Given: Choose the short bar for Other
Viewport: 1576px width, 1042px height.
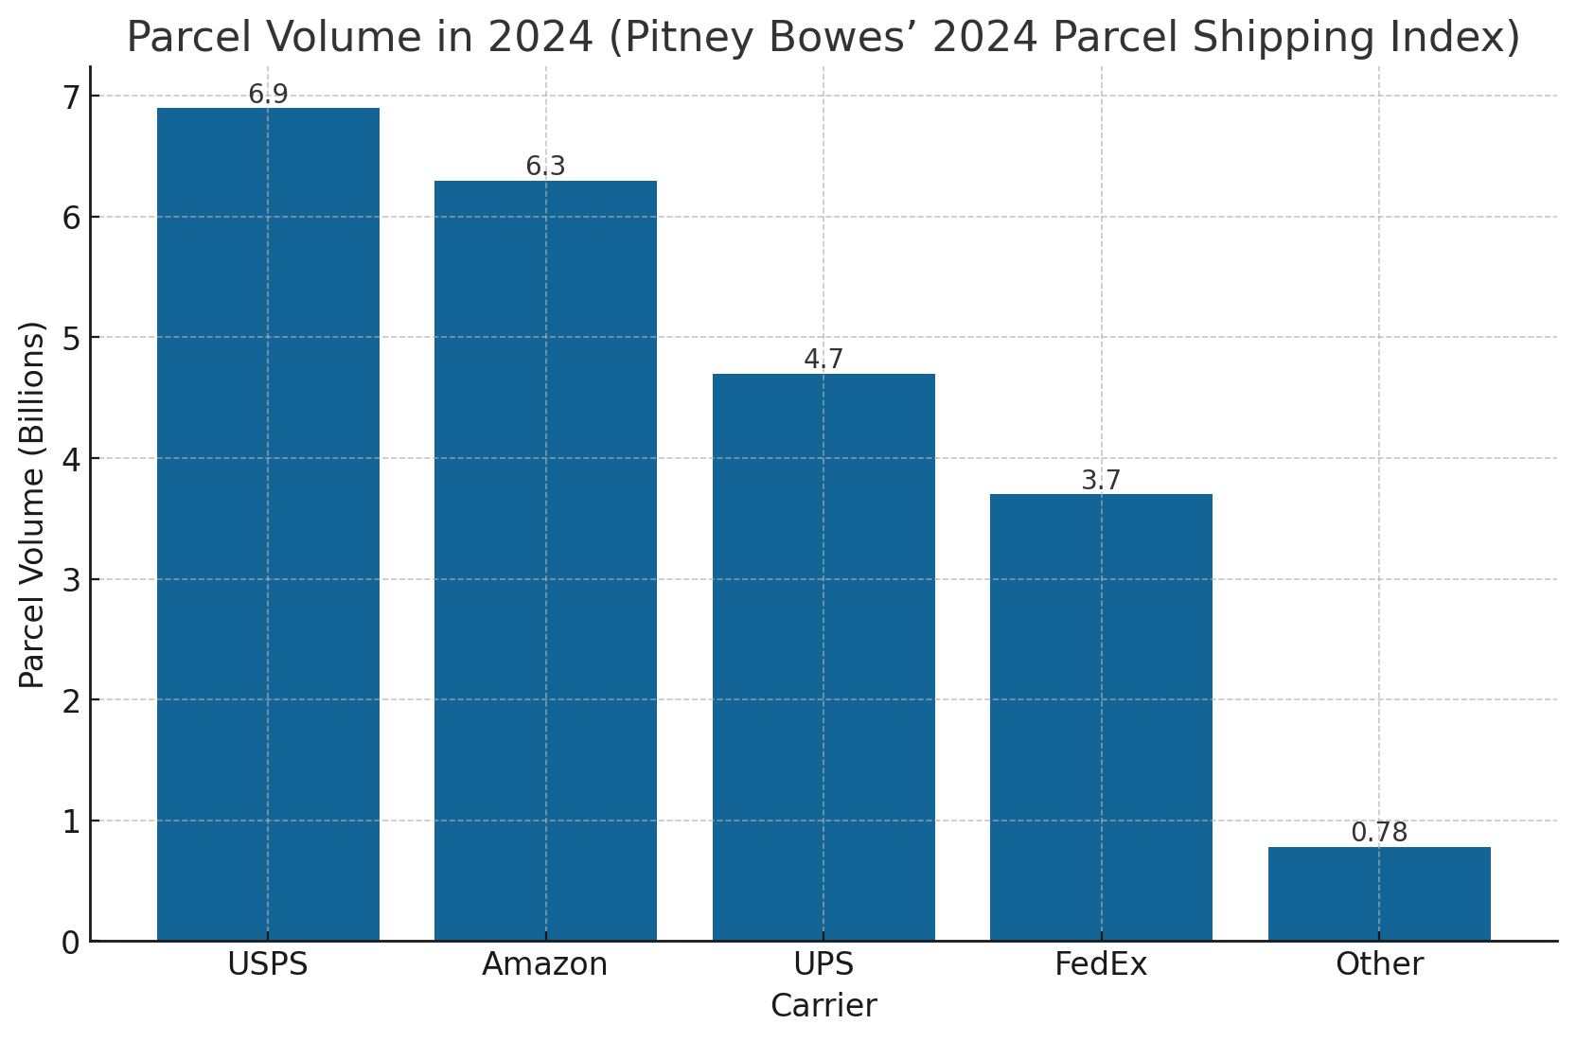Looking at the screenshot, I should tap(1379, 893).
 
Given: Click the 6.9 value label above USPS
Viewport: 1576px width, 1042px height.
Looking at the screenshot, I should tap(268, 95).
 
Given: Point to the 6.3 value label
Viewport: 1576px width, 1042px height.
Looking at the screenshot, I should tap(545, 167).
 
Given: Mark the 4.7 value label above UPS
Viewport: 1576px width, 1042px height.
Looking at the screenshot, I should tap(823, 360).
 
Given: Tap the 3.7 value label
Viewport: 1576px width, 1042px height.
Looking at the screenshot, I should tap(1101, 481).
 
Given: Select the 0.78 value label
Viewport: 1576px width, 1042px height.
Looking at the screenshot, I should tap(1379, 833).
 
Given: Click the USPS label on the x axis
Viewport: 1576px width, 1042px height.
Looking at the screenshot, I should tap(268, 964).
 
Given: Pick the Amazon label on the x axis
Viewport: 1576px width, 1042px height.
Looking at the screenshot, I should tap(545, 964).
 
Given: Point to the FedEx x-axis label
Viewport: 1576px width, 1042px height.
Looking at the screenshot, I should tap(1101, 964).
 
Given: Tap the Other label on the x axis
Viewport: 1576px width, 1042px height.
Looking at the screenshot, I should tap(1379, 964).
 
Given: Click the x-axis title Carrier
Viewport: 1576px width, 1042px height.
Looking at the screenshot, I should tap(823, 1005).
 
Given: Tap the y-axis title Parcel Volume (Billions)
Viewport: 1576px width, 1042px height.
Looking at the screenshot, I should tap(32, 504).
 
